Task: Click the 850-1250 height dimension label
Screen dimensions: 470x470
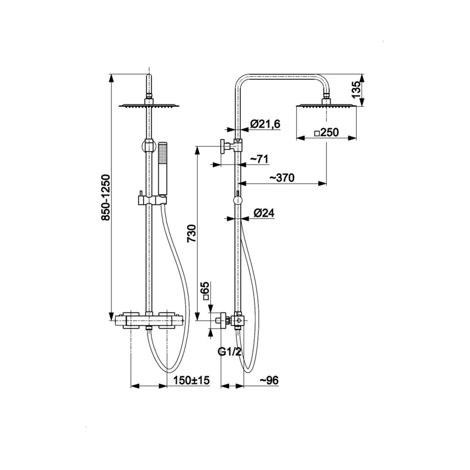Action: (106, 198)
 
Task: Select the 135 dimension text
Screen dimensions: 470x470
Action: (356, 90)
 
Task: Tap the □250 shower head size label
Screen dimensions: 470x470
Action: (326, 132)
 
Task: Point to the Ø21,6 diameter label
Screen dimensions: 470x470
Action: (266, 124)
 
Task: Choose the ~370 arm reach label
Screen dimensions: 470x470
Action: (282, 178)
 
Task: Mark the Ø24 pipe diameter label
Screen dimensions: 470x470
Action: (264, 213)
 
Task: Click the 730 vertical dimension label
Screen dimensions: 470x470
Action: (191, 234)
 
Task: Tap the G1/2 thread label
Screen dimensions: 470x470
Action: (229, 352)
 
